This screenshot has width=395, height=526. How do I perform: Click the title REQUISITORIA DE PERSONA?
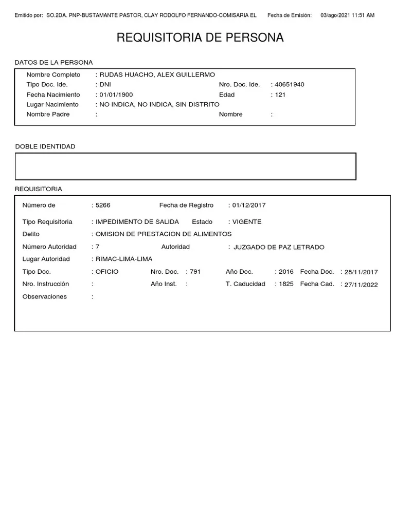200,37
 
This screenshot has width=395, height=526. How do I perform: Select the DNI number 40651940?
290,85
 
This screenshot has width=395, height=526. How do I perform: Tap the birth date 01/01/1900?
116,95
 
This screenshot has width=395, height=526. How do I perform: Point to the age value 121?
280,95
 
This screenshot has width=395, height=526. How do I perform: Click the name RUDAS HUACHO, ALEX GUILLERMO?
157,75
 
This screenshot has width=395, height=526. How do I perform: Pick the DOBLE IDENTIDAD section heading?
45,147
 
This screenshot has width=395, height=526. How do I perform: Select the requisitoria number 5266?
103,205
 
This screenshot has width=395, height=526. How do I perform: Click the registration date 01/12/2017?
249,205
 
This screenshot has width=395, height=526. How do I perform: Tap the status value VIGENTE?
247,222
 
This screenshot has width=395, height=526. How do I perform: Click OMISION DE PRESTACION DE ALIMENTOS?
164,234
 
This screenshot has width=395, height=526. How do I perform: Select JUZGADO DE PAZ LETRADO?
279,247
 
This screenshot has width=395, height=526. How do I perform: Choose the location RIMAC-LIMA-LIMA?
124,259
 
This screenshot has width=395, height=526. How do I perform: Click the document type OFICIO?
107,272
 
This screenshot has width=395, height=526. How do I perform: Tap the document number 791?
195,272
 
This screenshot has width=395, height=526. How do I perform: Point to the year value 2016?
286,272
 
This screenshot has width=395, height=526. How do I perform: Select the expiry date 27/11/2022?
361,285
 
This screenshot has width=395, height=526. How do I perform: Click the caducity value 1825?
286,284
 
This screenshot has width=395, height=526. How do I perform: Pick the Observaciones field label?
45,297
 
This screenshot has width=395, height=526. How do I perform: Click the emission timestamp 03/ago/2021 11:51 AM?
347,15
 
